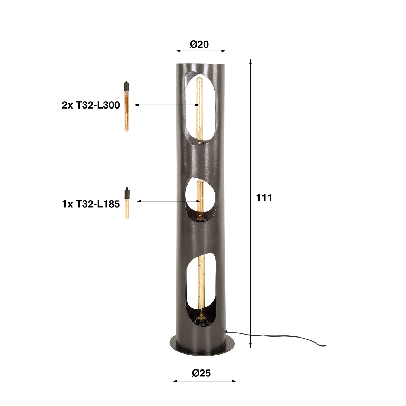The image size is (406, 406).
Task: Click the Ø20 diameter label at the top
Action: click(199, 44)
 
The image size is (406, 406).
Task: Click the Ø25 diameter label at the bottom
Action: click(201, 373)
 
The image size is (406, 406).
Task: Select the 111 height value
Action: click(264, 198)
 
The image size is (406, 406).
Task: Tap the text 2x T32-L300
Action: click(91, 105)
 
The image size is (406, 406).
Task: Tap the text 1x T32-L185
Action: click(91, 204)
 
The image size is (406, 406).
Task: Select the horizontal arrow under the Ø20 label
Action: click(201, 51)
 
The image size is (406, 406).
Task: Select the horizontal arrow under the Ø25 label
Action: click(204, 381)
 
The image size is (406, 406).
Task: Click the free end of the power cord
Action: click(325, 346)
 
